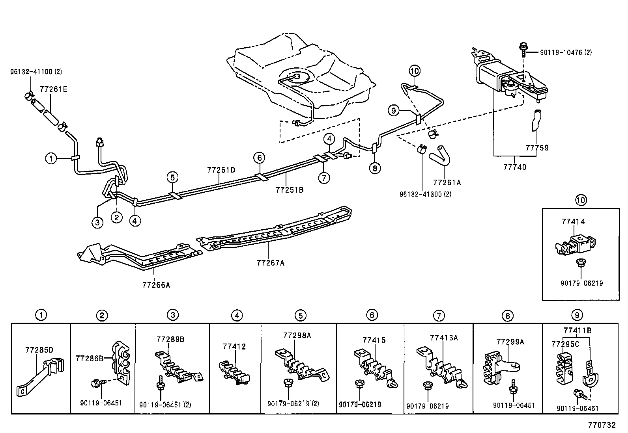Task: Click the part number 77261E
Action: pos(53,89)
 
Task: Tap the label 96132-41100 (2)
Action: pos(36,72)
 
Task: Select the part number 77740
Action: pos(515,167)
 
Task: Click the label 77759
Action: pos(537,148)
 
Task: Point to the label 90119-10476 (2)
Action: pos(561,52)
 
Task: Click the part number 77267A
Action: pos(270,262)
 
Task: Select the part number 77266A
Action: pos(156,284)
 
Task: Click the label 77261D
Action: pos(221,170)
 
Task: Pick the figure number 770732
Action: pos(602,425)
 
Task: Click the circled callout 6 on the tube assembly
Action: pos(259,158)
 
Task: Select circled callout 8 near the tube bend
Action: pos(375,168)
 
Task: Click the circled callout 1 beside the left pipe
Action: pos(51,159)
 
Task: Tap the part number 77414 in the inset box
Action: pos(573,222)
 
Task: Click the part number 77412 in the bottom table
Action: pos(234,347)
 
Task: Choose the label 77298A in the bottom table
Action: pos(297,335)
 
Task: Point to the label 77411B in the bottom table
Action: pos(577,330)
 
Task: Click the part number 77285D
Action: pos(39,349)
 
